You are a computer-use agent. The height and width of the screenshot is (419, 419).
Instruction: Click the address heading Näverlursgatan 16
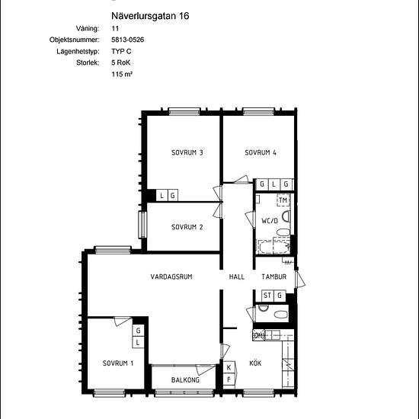(x=150, y=16)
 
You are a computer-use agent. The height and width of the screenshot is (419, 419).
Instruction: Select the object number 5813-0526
(x=128, y=40)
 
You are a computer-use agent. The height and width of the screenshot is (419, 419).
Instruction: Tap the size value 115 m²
(x=122, y=74)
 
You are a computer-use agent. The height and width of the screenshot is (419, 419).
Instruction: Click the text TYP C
(x=121, y=51)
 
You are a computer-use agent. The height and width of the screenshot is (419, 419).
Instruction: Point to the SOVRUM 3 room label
(x=187, y=152)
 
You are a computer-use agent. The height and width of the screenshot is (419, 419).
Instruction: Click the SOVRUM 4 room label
(x=261, y=152)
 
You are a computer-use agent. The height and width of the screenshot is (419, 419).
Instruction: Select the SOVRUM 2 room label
(x=187, y=227)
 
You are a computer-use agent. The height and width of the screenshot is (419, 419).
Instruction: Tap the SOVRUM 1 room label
(x=118, y=363)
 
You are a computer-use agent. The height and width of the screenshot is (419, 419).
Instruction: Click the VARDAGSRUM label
(x=171, y=277)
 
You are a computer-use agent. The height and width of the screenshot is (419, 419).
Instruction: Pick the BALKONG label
(x=185, y=379)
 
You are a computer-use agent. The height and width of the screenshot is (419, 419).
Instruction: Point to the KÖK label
(x=255, y=363)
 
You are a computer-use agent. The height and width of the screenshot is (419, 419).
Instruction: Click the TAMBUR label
(x=274, y=277)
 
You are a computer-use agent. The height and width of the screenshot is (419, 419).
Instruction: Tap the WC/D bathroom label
(x=270, y=221)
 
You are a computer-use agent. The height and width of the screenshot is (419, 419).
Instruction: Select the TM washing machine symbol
(x=283, y=200)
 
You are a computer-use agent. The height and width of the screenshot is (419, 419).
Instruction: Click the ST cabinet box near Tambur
(x=267, y=296)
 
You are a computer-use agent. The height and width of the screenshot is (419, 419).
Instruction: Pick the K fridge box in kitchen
(x=229, y=367)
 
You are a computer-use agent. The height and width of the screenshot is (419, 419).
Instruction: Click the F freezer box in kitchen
(x=229, y=379)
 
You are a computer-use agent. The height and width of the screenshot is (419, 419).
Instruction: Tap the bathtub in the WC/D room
(x=273, y=247)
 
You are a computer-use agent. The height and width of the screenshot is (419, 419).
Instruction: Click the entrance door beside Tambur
(x=299, y=280)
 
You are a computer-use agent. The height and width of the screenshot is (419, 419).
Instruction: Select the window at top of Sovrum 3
(x=184, y=111)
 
